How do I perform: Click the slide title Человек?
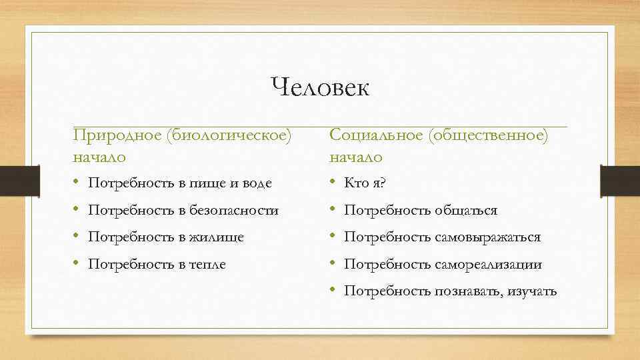point(320,87)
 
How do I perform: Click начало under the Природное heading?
point(99,157)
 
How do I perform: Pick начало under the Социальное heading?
point(356,157)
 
